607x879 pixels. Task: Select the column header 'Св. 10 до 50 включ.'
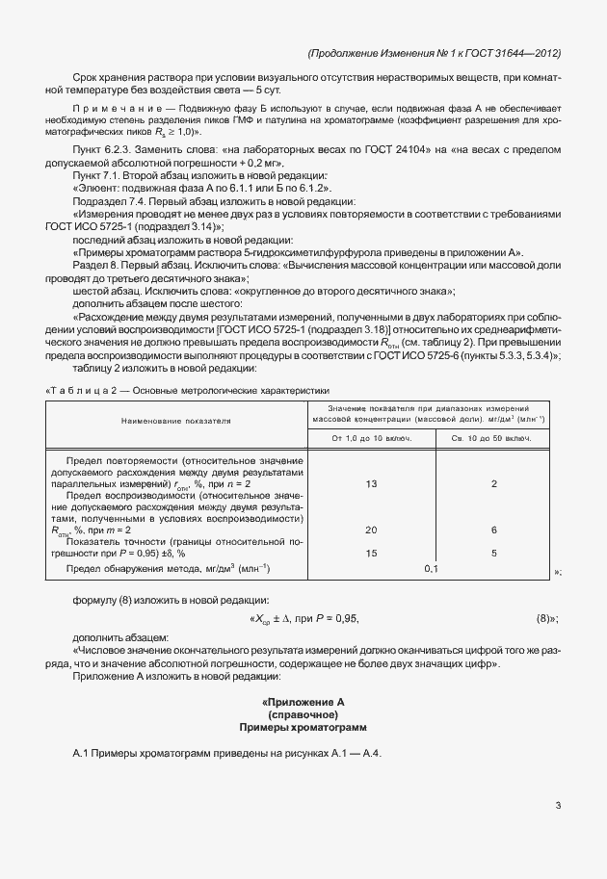point(493,439)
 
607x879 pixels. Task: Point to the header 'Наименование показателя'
point(176,422)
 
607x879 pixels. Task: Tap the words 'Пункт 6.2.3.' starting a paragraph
point(102,151)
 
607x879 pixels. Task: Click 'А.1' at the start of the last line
point(81,752)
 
